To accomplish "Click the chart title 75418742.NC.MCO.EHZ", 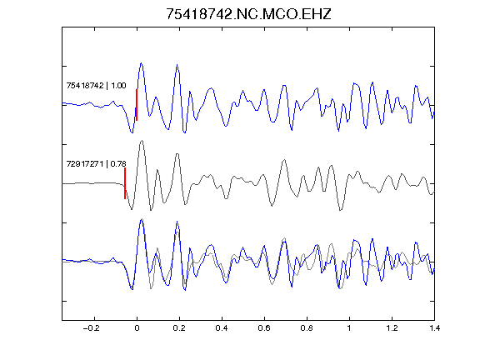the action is coord(248,14).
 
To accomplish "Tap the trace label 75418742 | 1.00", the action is coord(96,85).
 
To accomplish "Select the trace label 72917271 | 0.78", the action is coord(96,164).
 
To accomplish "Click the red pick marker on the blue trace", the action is coord(137,105).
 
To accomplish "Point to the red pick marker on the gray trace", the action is coord(125,183).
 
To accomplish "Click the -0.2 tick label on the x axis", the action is coord(92,328).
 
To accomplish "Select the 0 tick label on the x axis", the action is coord(137,328).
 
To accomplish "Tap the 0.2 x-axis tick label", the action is coord(179,328).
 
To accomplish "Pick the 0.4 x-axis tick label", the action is coord(222,328).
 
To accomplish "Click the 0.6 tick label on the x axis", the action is coord(264,328).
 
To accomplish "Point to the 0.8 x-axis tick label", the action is coord(307,328).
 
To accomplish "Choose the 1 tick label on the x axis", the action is coord(349,328).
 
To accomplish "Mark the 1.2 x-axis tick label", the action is coord(392,328).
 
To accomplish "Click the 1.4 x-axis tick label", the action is coord(434,328).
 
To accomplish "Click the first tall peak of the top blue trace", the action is coord(141,63).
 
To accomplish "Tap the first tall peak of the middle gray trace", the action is coord(142,141).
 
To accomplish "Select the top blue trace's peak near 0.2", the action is coord(177,65).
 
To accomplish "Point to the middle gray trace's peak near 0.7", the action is coord(285,160).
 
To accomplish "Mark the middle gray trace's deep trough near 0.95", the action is coord(340,210).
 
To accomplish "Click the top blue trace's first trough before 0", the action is coord(132,132).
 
